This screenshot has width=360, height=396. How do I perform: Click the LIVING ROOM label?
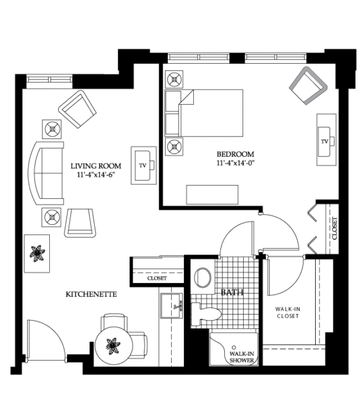coord(96,166)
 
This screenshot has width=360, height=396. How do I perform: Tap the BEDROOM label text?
coord(235,154)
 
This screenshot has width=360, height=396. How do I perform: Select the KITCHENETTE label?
coord(91,294)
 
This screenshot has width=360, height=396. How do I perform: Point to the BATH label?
coord(232,292)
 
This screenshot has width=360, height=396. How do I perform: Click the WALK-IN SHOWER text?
coord(241,357)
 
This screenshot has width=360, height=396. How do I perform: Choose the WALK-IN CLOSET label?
coord(288,313)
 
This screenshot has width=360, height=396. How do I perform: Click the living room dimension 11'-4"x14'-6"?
coord(96,175)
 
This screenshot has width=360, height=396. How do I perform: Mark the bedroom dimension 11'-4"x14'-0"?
coord(235,163)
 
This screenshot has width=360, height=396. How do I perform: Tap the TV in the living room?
coord(143,165)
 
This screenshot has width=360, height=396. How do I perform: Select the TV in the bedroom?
coord(326,140)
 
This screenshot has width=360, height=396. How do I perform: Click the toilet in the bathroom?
coord(206,314)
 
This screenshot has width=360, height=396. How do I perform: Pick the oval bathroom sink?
coord(203,277)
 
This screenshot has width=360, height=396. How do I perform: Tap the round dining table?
coord(114,345)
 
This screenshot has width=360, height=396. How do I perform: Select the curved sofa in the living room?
coord(45,173)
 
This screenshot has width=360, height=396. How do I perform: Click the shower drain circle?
coord(234,347)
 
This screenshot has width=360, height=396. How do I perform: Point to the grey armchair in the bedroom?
coord(308,85)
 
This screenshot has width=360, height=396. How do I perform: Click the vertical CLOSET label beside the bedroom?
coord(335,228)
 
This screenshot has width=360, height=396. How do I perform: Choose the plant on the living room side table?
coord(37,253)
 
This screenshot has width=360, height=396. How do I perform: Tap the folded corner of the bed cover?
coord(186,97)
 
